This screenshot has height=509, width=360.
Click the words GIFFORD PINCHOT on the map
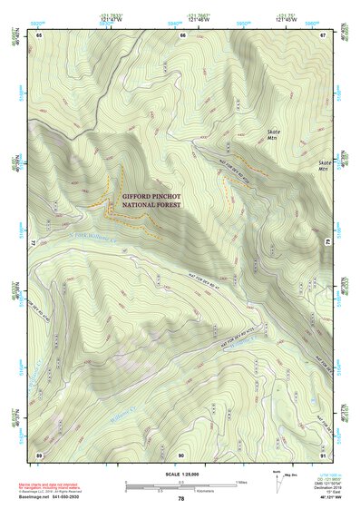click(x=151, y=195)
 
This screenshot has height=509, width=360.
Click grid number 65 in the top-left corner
click(x=40, y=34)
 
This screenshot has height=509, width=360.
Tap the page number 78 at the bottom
click(x=180, y=499)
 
